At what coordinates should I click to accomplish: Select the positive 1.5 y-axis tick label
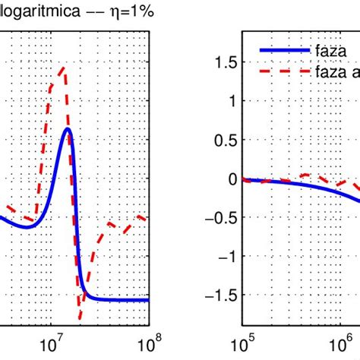pos(223,64)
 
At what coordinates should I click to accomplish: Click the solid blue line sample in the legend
pos(280,50)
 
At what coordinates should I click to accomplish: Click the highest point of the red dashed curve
pos(62,68)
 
